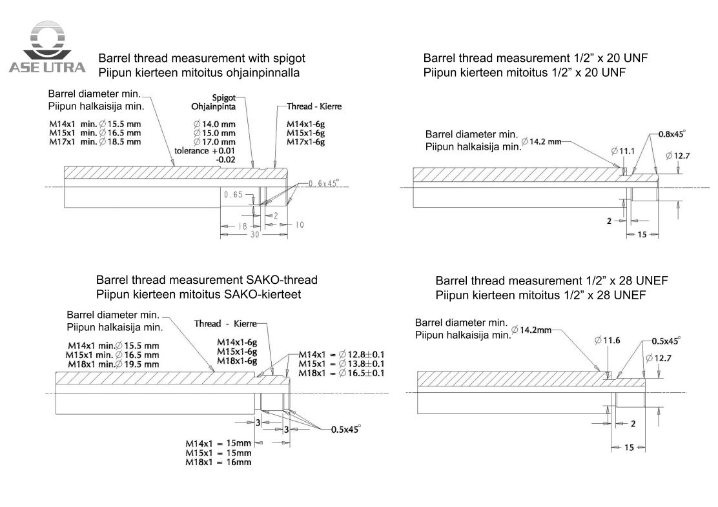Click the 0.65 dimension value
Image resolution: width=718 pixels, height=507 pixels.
point(233,195)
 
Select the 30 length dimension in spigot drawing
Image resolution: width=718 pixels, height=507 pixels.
point(254,236)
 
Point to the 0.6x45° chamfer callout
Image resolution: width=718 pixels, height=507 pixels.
point(323,183)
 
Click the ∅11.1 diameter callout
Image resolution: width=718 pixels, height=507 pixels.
point(623,151)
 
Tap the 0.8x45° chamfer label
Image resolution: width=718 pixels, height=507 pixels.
point(671,134)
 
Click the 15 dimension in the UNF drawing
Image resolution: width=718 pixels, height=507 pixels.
point(642,235)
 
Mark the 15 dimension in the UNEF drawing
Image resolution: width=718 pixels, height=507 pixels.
point(629,448)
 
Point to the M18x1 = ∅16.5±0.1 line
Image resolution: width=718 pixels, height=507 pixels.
point(341,373)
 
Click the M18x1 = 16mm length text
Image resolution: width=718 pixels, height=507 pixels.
point(218,462)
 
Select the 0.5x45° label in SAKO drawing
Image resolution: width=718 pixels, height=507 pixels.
point(346,429)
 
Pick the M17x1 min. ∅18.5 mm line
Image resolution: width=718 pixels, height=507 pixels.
point(96,141)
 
